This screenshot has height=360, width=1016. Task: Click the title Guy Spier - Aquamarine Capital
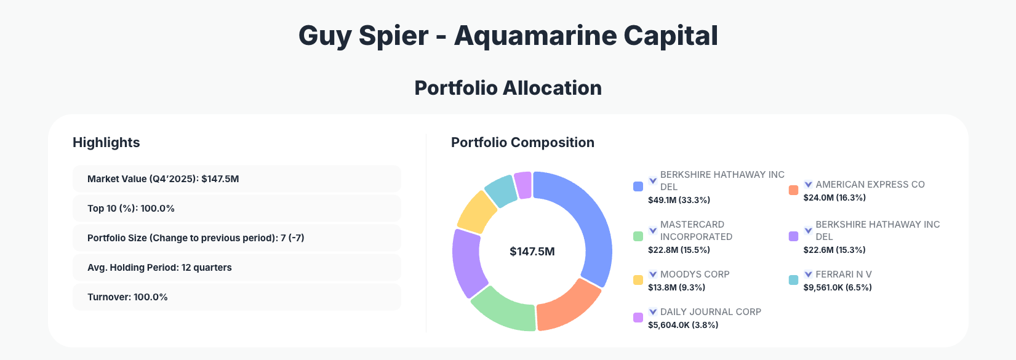point(508,36)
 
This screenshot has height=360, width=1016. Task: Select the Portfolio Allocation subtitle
point(508,88)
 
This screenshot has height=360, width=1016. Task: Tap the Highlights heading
point(106,142)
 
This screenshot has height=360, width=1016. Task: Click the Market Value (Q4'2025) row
point(236,179)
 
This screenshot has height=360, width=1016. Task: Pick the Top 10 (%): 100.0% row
point(236,209)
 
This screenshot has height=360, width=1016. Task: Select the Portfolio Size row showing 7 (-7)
point(236,238)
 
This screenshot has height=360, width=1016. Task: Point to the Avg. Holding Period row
point(236,268)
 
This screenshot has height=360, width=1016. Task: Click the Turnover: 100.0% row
point(236,297)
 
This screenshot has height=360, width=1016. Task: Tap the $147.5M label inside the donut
point(532,252)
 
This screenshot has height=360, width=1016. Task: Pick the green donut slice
point(503,308)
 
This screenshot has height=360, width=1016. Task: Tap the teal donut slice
point(501,190)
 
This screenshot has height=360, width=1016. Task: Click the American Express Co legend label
point(870,185)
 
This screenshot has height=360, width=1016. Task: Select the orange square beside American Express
point(793,190)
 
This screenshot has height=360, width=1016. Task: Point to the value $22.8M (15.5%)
point(679,250)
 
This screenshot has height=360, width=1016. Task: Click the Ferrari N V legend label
point(843,274)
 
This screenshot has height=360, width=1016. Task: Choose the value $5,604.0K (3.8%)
point(683,325)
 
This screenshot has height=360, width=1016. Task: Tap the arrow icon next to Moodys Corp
point(653,274)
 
